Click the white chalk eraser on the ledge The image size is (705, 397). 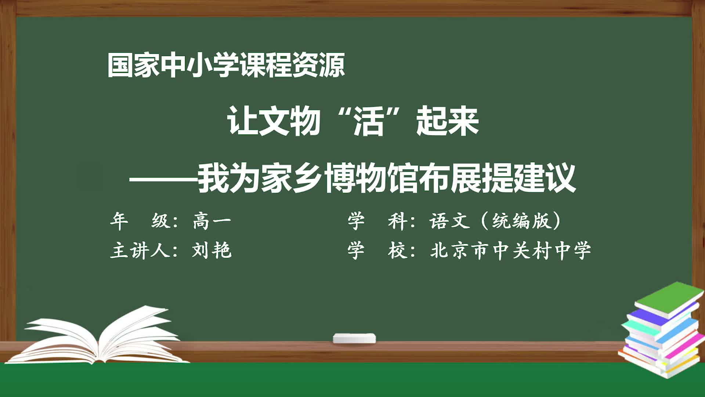pos(354,338)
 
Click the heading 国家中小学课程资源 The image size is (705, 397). pos(226,65)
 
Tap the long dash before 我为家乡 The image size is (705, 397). pos(163,180)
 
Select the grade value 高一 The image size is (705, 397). pos(212,221)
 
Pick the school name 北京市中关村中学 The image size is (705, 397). pos(511,251)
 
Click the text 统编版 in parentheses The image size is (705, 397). pos(522,221)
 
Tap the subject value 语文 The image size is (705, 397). pos(450,221)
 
